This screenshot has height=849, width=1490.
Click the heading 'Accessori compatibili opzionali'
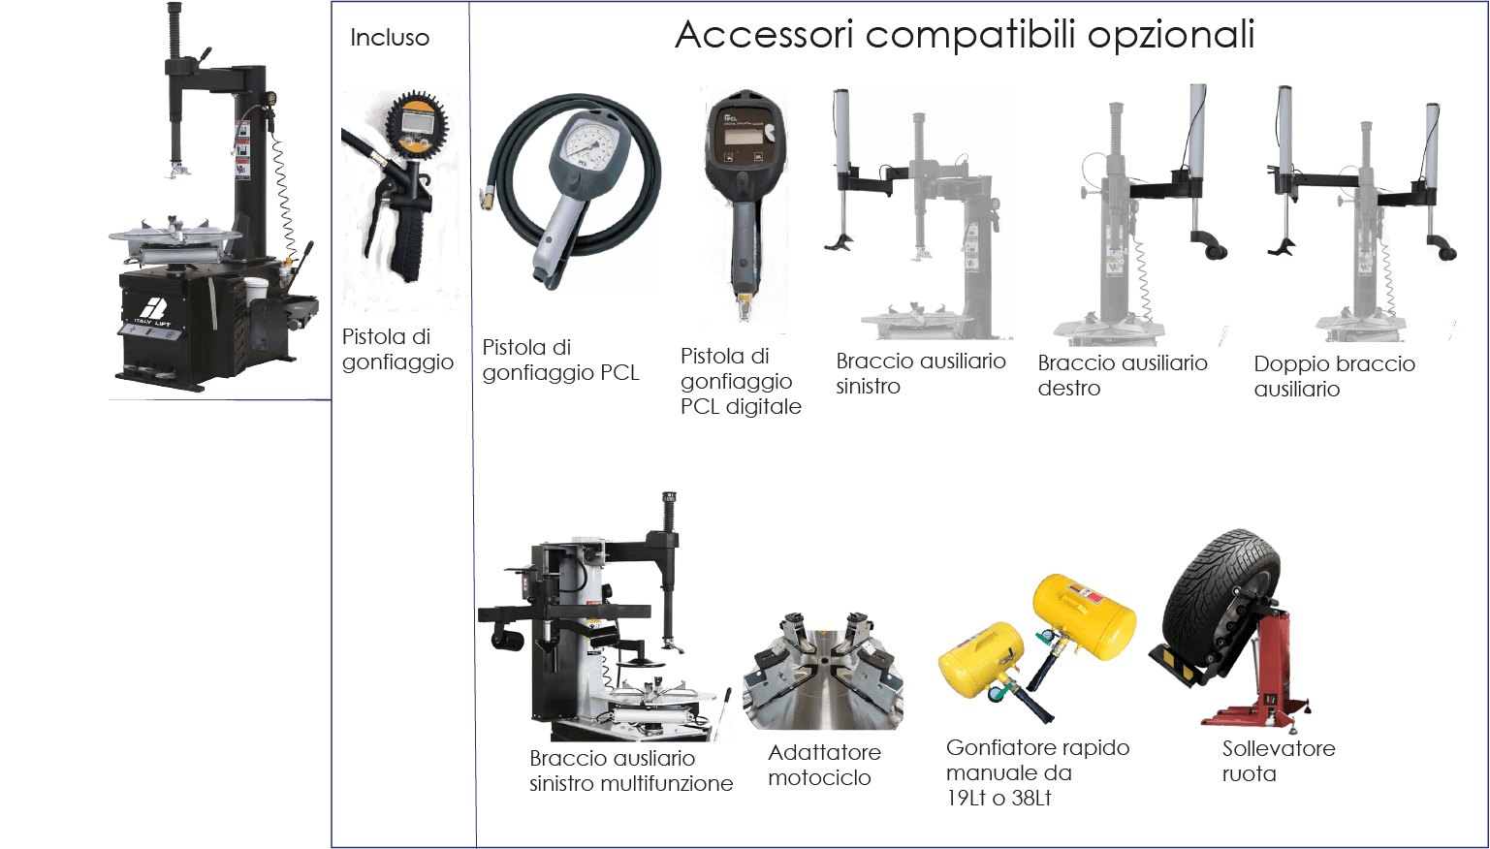(965, 35)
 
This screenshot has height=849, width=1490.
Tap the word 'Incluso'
(390, 38)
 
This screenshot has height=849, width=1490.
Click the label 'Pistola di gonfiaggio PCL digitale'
(741, 382)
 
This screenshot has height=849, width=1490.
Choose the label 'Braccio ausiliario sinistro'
(921, 373)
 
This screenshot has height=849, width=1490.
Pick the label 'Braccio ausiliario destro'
(1123, 375)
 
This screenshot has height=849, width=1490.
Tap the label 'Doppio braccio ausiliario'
(1334, 376)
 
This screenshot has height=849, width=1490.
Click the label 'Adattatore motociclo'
(824, 765)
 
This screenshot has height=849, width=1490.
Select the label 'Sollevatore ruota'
(1279, 761)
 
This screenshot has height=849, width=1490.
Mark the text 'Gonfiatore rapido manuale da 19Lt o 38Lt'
(1037, 772)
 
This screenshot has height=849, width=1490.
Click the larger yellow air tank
(1084, 616)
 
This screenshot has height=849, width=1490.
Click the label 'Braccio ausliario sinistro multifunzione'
(630, 770)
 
